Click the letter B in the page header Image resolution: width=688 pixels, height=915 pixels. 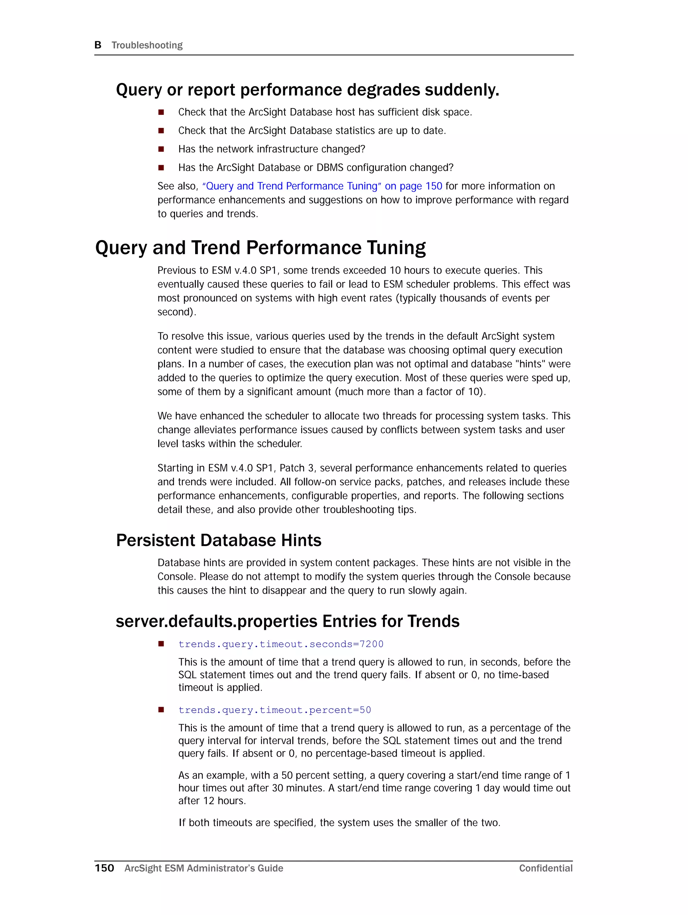coord(98,45)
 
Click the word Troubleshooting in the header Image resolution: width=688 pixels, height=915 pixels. coord(147,45)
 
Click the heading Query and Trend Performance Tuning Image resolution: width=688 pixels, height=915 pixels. coord(260,248)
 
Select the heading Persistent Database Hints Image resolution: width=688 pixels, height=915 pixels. coord(219,540)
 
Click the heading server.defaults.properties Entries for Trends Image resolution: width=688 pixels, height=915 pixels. coord(287,621)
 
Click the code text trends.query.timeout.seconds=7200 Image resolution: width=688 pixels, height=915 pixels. coord(281,644)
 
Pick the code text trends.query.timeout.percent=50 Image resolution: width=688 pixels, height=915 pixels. coord(274,710)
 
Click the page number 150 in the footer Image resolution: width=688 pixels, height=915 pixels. coord(104,868)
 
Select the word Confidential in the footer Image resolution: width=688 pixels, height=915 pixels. coord(546,868)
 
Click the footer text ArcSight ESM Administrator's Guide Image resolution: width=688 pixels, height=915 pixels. coord(204,868)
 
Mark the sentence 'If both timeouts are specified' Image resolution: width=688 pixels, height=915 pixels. coord(339,822)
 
